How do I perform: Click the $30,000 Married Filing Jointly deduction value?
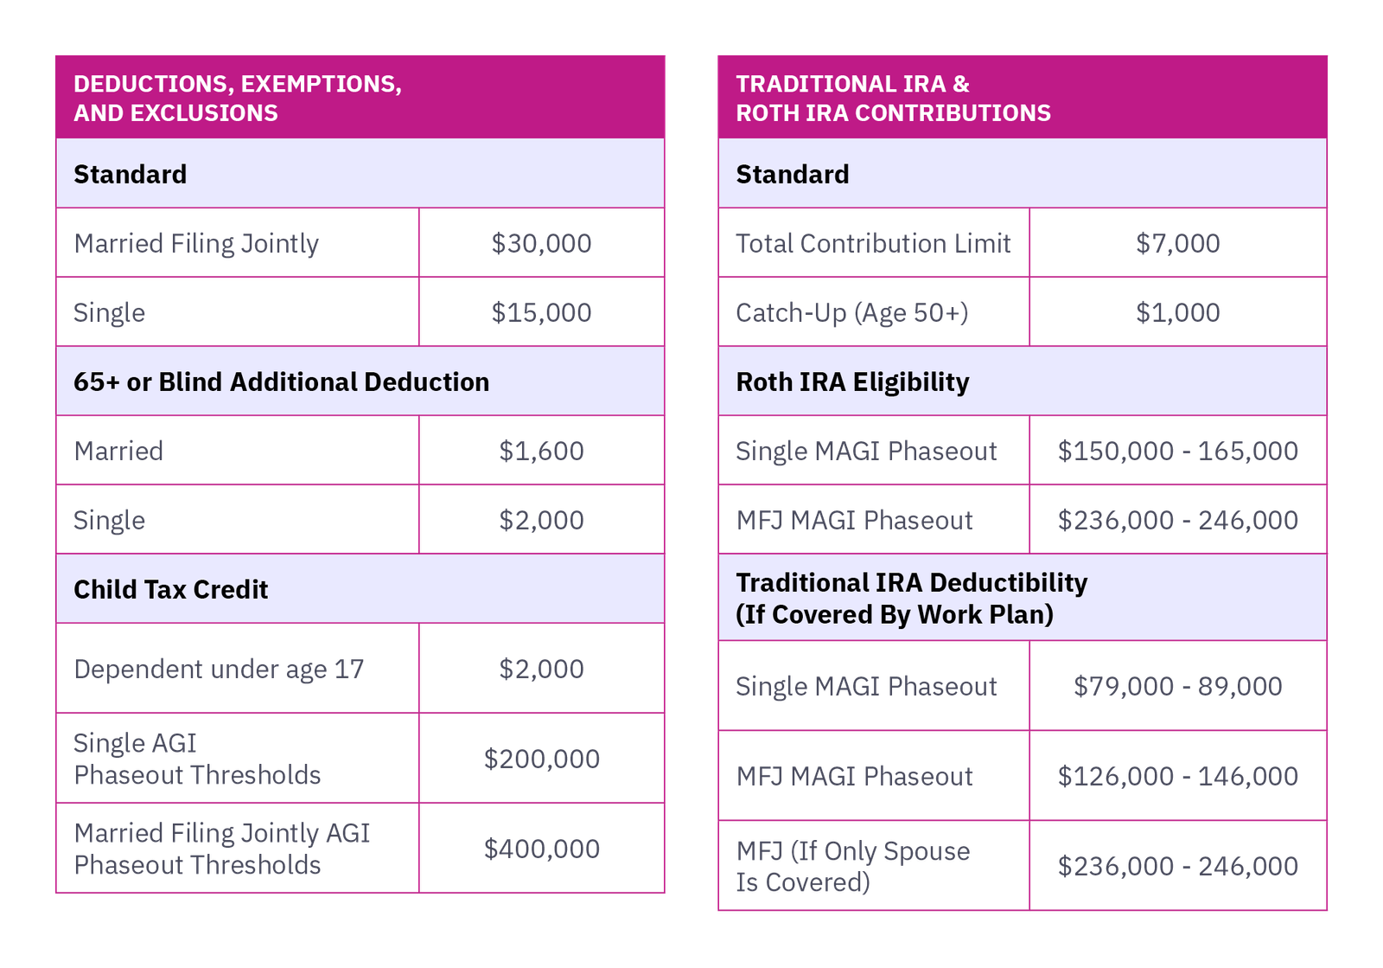(541, 243)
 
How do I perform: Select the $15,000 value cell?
(541, 312)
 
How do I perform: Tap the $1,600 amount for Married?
(541, 451)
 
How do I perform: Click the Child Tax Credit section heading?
(171, 589)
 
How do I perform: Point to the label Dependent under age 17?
(219, 669)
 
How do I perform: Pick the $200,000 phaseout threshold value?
(541, 759)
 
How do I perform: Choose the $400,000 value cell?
(541, 849)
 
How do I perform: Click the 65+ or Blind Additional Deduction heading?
(281, 381)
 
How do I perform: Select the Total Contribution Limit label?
(873, 243)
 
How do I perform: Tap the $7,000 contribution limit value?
(1178, 243)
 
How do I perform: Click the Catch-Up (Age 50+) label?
(851, 312)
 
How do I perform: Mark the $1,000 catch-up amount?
(1178, 312)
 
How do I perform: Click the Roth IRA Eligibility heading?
(852, 381)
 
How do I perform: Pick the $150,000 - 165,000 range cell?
(1178, 451)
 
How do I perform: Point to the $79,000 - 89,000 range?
(1178, 686)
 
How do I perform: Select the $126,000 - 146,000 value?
(1178, 776)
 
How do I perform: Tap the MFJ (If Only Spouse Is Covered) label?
(852, 866)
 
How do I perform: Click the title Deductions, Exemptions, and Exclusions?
(238, 98)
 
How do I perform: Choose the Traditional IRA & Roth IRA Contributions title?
(893, 98)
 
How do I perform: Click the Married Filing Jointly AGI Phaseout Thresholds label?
(221, 849)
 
